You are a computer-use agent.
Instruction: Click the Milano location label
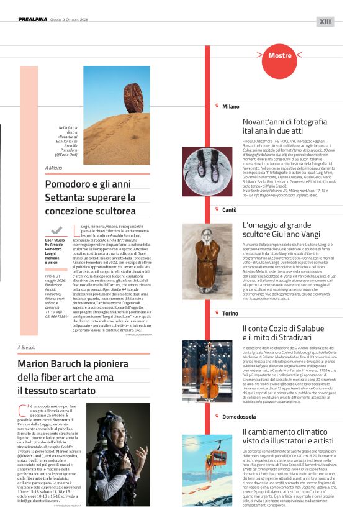click(x=230, y=106)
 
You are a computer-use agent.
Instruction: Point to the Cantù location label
click(x=229, y=210)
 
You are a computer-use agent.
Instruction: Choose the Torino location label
click(x=230, y=313)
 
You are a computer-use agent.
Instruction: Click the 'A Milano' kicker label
click(x=54, y=168)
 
